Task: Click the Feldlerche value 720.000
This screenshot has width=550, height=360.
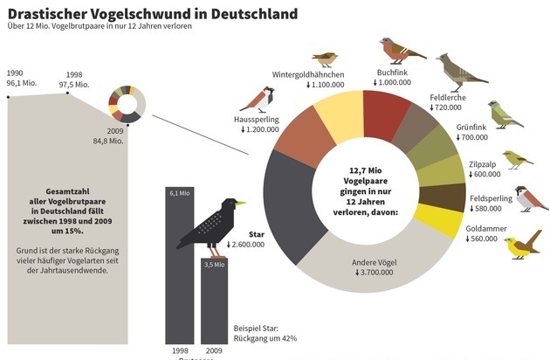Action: (x=447, y=107)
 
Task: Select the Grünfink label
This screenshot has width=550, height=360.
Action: (x=471, y=127)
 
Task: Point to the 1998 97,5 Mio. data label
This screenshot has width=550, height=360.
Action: (x=73, y=80)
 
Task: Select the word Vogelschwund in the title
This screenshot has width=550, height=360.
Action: (x=139, y=15)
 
